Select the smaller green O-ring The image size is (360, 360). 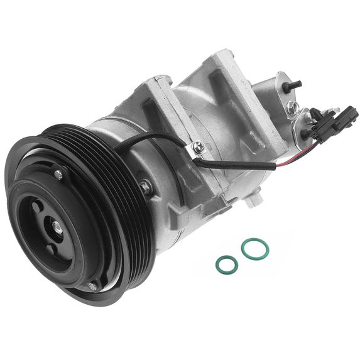[226, 265]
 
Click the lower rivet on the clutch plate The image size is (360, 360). [92, 286]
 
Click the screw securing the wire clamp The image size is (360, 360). [199, 147]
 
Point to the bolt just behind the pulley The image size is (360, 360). [146, 186]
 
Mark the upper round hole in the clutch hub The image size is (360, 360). [39, 205]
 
